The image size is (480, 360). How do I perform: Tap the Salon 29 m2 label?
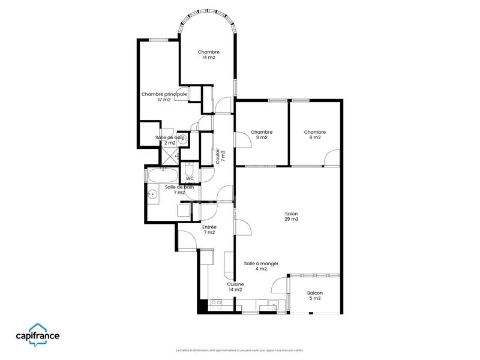292,216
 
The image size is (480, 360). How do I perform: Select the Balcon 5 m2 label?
314,296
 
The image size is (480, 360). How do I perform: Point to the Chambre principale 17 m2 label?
164,97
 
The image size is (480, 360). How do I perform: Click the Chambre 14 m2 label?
209,55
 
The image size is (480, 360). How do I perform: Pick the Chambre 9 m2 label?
262,134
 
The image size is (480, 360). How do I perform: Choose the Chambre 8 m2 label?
314,134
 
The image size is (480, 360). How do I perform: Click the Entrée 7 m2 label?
209,229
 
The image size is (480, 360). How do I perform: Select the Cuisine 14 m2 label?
235,287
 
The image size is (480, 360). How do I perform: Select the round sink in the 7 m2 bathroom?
154,194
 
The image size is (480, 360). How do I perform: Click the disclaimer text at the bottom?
240,350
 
